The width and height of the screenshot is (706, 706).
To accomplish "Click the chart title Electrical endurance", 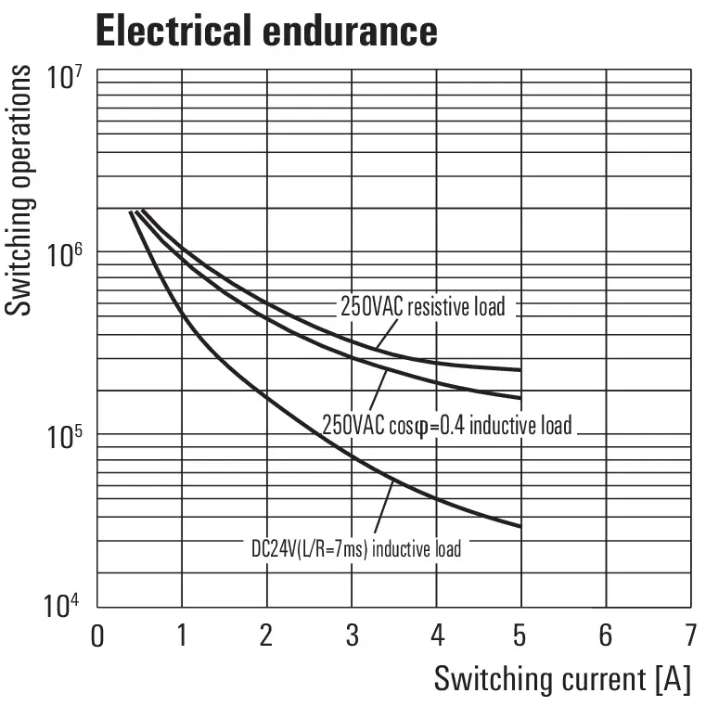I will tap(266, 31).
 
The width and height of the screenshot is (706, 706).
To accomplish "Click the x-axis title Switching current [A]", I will tap(562, 679).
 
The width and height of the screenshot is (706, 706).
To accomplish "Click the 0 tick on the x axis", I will tap(96, 636).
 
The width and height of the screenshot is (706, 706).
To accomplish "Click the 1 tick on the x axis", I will tap(182, 636).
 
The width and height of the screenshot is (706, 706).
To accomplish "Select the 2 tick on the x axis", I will tap(266, 636).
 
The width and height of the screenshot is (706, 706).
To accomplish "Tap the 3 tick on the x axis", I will tap(352, 636).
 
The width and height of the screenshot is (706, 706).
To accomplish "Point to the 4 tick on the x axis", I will tap(437, 636).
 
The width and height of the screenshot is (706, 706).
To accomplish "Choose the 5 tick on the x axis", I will tap(520, 636).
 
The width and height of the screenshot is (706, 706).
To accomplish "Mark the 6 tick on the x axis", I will tap(606, 636).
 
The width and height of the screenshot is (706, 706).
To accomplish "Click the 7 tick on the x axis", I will tap(690, 636).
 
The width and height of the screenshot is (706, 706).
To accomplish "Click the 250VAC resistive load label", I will tap(422, 306).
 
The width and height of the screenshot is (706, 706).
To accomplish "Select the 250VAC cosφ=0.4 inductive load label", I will tap(446, 426).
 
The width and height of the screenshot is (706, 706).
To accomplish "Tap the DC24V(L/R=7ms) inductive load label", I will tap(355, 548).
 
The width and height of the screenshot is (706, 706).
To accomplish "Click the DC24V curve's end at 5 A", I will tap(520, 526).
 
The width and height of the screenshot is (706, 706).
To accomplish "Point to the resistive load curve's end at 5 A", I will tap(520, 370).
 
